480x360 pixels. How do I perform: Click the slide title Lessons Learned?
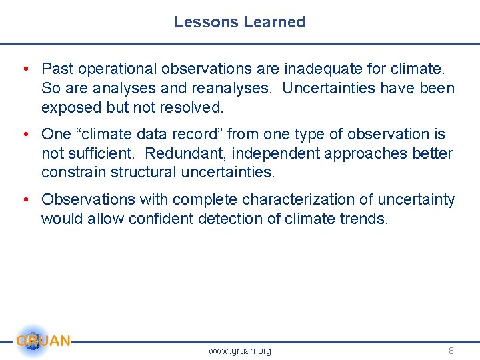[239, 22]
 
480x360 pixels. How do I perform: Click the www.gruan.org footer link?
[239, 351]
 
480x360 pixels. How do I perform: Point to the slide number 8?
[451, 351]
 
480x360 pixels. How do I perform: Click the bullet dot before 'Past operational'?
[25, 69]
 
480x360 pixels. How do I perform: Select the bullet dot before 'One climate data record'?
[25, 135]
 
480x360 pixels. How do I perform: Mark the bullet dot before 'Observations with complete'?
[25, 200]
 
